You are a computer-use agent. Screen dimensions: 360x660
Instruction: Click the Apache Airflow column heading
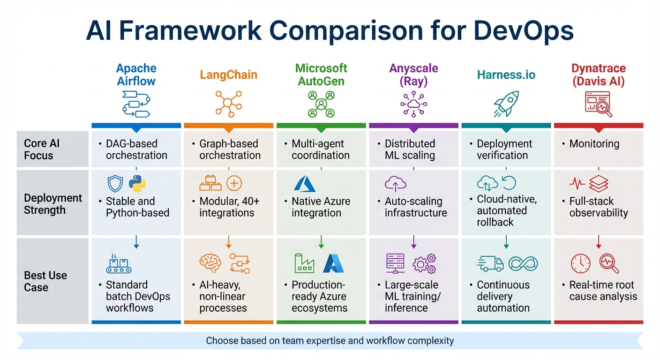click(x=136, y=74)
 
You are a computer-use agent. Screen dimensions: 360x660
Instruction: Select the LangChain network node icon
click(x=228, y=103)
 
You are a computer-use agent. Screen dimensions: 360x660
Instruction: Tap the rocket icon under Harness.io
click(x=506, y=104)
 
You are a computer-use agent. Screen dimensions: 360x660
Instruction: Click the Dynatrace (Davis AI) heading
click(x=599, y=75)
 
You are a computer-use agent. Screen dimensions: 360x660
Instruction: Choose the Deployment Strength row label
click(x=52, y=204)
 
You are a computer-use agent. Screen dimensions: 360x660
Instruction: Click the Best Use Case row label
click(x=45, y=281)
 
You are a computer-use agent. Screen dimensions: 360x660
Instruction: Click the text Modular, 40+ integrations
click(x=229, y=207)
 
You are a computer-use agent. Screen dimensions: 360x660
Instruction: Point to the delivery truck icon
click(x=490, y=263)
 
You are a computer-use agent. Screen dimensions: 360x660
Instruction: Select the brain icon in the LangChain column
click(x=210, y=263)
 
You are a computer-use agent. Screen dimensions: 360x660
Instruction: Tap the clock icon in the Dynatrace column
click(x=580, y=263)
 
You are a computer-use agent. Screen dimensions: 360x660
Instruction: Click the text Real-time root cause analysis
click(x=603, y=291)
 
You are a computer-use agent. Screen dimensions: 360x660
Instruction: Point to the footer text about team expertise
click(x=330, y=340)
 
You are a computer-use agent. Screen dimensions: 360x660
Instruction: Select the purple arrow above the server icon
click(x=413, y=242)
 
